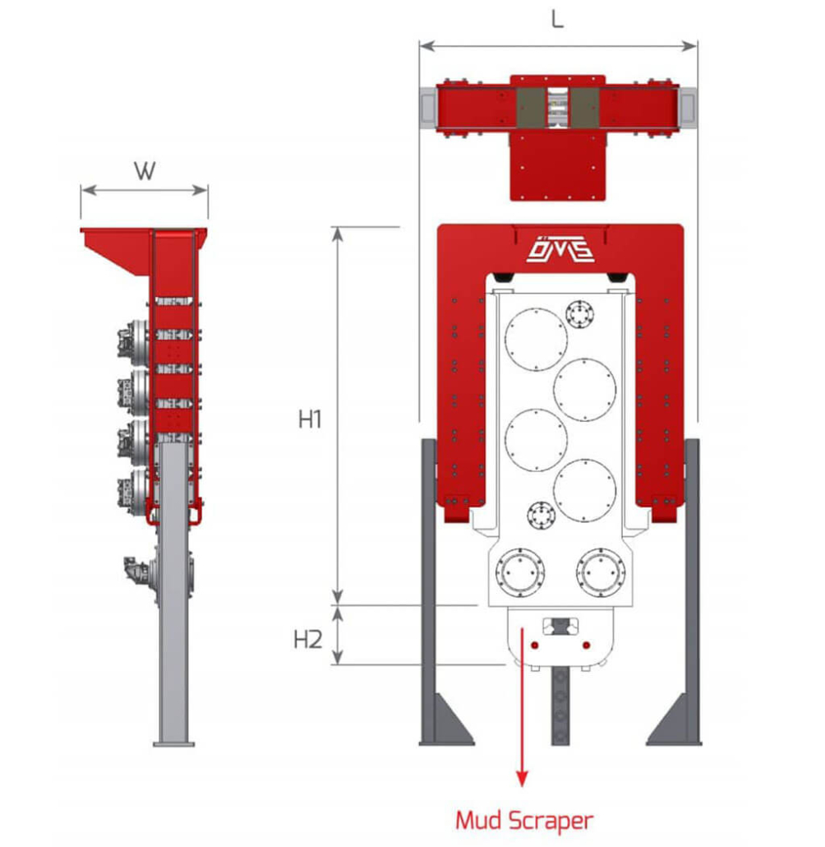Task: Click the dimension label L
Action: tap(557, 19)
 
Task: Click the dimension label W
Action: tap(144, 170)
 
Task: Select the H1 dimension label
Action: tap(309, 419)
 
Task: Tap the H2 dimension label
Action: tap(308, 639)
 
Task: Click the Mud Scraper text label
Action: tap(523, 820)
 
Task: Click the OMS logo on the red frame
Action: tap(560, 248)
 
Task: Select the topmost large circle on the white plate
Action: tap(536, 340)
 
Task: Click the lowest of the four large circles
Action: tap(584, 490)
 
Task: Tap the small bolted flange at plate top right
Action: tap(582, 314)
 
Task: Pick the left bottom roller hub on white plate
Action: tap(521, 570)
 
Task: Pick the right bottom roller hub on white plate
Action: tap(600, 570)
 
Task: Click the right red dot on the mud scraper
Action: tap(586, 646)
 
